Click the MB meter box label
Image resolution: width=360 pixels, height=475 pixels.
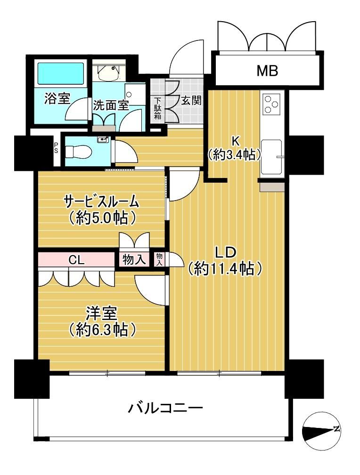coord(268,71)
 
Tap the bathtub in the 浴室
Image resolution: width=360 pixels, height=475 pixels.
coord(60,73)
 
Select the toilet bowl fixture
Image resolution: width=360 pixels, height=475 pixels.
coord(78,151)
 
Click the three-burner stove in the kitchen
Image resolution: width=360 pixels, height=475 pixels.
coord(271,104)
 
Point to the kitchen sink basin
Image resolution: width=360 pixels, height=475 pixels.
coord(272,157)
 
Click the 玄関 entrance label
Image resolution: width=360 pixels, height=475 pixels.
coord(191,100)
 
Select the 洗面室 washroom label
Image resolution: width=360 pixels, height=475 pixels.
coord(111,105)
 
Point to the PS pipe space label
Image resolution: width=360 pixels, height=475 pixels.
coord(57,148)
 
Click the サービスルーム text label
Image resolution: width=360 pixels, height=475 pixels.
coord(101,202)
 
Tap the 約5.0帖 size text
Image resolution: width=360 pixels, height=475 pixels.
coord(102,218)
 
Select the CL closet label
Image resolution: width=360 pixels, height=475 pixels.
coord(76,260)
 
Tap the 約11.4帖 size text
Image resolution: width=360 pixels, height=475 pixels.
coord(225,268)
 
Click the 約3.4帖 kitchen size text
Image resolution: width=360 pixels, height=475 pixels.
coord(235,155)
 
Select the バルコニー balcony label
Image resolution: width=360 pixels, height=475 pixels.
coord(165,409)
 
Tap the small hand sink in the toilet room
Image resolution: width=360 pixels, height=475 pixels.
coord(103,140)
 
